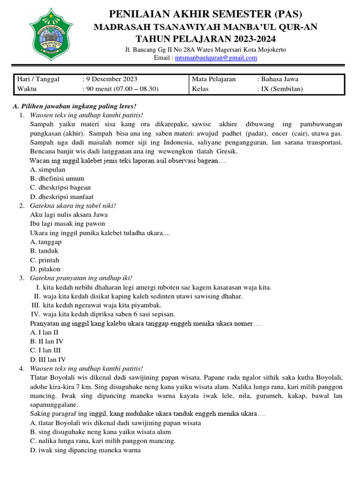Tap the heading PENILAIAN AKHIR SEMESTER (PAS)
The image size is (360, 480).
(199, 13)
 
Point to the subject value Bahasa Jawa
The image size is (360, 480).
(280, 79)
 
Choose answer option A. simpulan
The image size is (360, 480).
(47, 170)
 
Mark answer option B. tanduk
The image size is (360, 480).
(45, 251)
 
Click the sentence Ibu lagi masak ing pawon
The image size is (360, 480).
(67, 224)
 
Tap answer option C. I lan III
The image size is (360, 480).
(45, 350)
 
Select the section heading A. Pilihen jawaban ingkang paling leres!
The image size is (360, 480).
(74, 106)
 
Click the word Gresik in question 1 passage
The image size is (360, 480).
(227, 152)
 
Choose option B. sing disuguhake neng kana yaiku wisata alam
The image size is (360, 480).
(100, 432)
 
